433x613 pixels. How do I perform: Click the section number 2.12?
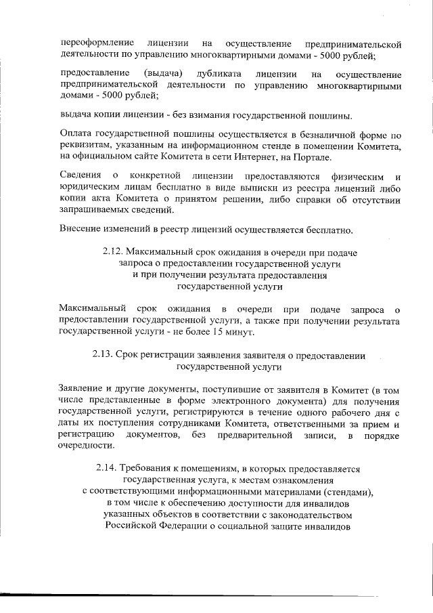[x=114, y=252]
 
